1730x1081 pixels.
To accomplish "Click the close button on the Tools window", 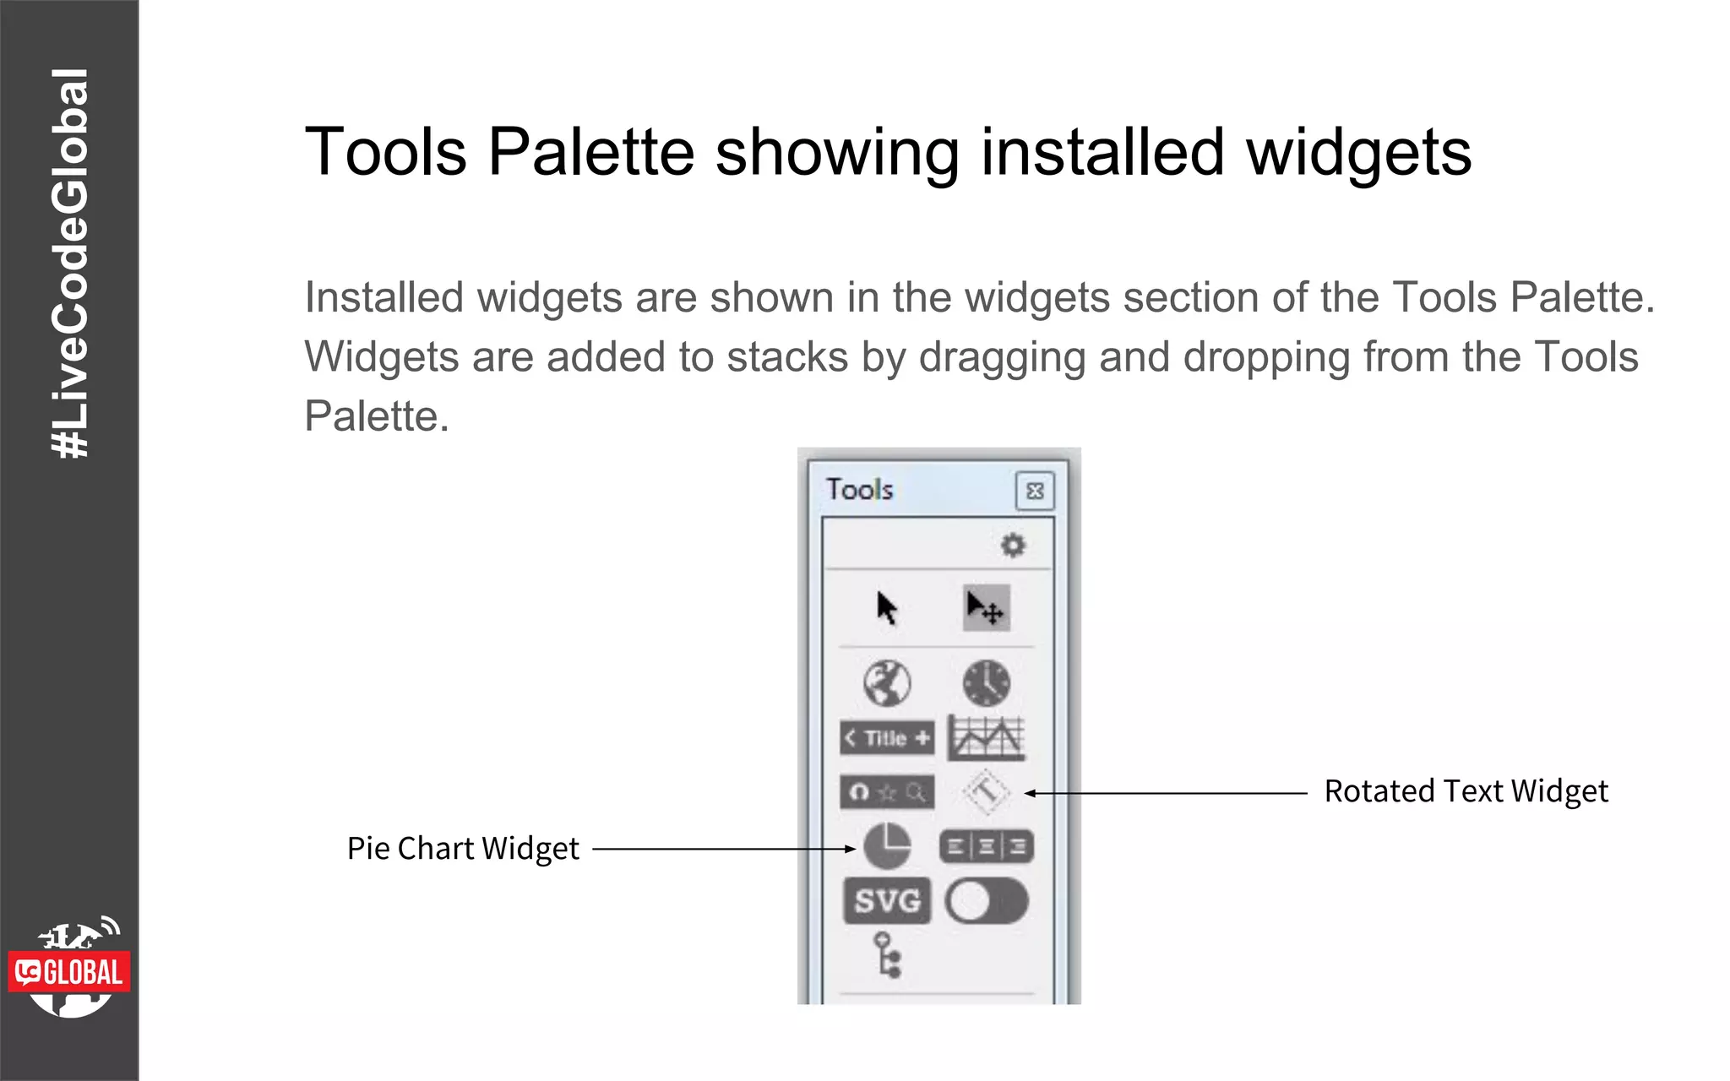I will coord(1035,492).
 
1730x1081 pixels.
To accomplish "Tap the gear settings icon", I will coord(1013,546).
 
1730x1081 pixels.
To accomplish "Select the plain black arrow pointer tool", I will coord(886,607).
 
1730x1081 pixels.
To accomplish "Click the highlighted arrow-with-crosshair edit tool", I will coord(986,607).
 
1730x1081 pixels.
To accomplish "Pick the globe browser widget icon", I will coord(887,683).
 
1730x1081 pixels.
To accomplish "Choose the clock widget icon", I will coord(986,683).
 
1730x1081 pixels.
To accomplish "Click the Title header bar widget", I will coord(887,738).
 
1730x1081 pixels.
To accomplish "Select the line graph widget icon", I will coord(987,738).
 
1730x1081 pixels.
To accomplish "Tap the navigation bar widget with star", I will coord(887,792).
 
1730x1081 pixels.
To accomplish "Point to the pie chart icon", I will coord(887,846).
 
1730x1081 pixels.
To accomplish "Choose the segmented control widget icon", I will coord(987,846).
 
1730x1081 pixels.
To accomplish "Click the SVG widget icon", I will coord(887,901).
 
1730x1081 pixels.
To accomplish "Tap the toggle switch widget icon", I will coord(987,901).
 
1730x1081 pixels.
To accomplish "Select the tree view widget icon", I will coord(887,955).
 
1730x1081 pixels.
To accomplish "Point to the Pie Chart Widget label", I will coord(463,849).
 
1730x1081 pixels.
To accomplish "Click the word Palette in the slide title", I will coord(591,153).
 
